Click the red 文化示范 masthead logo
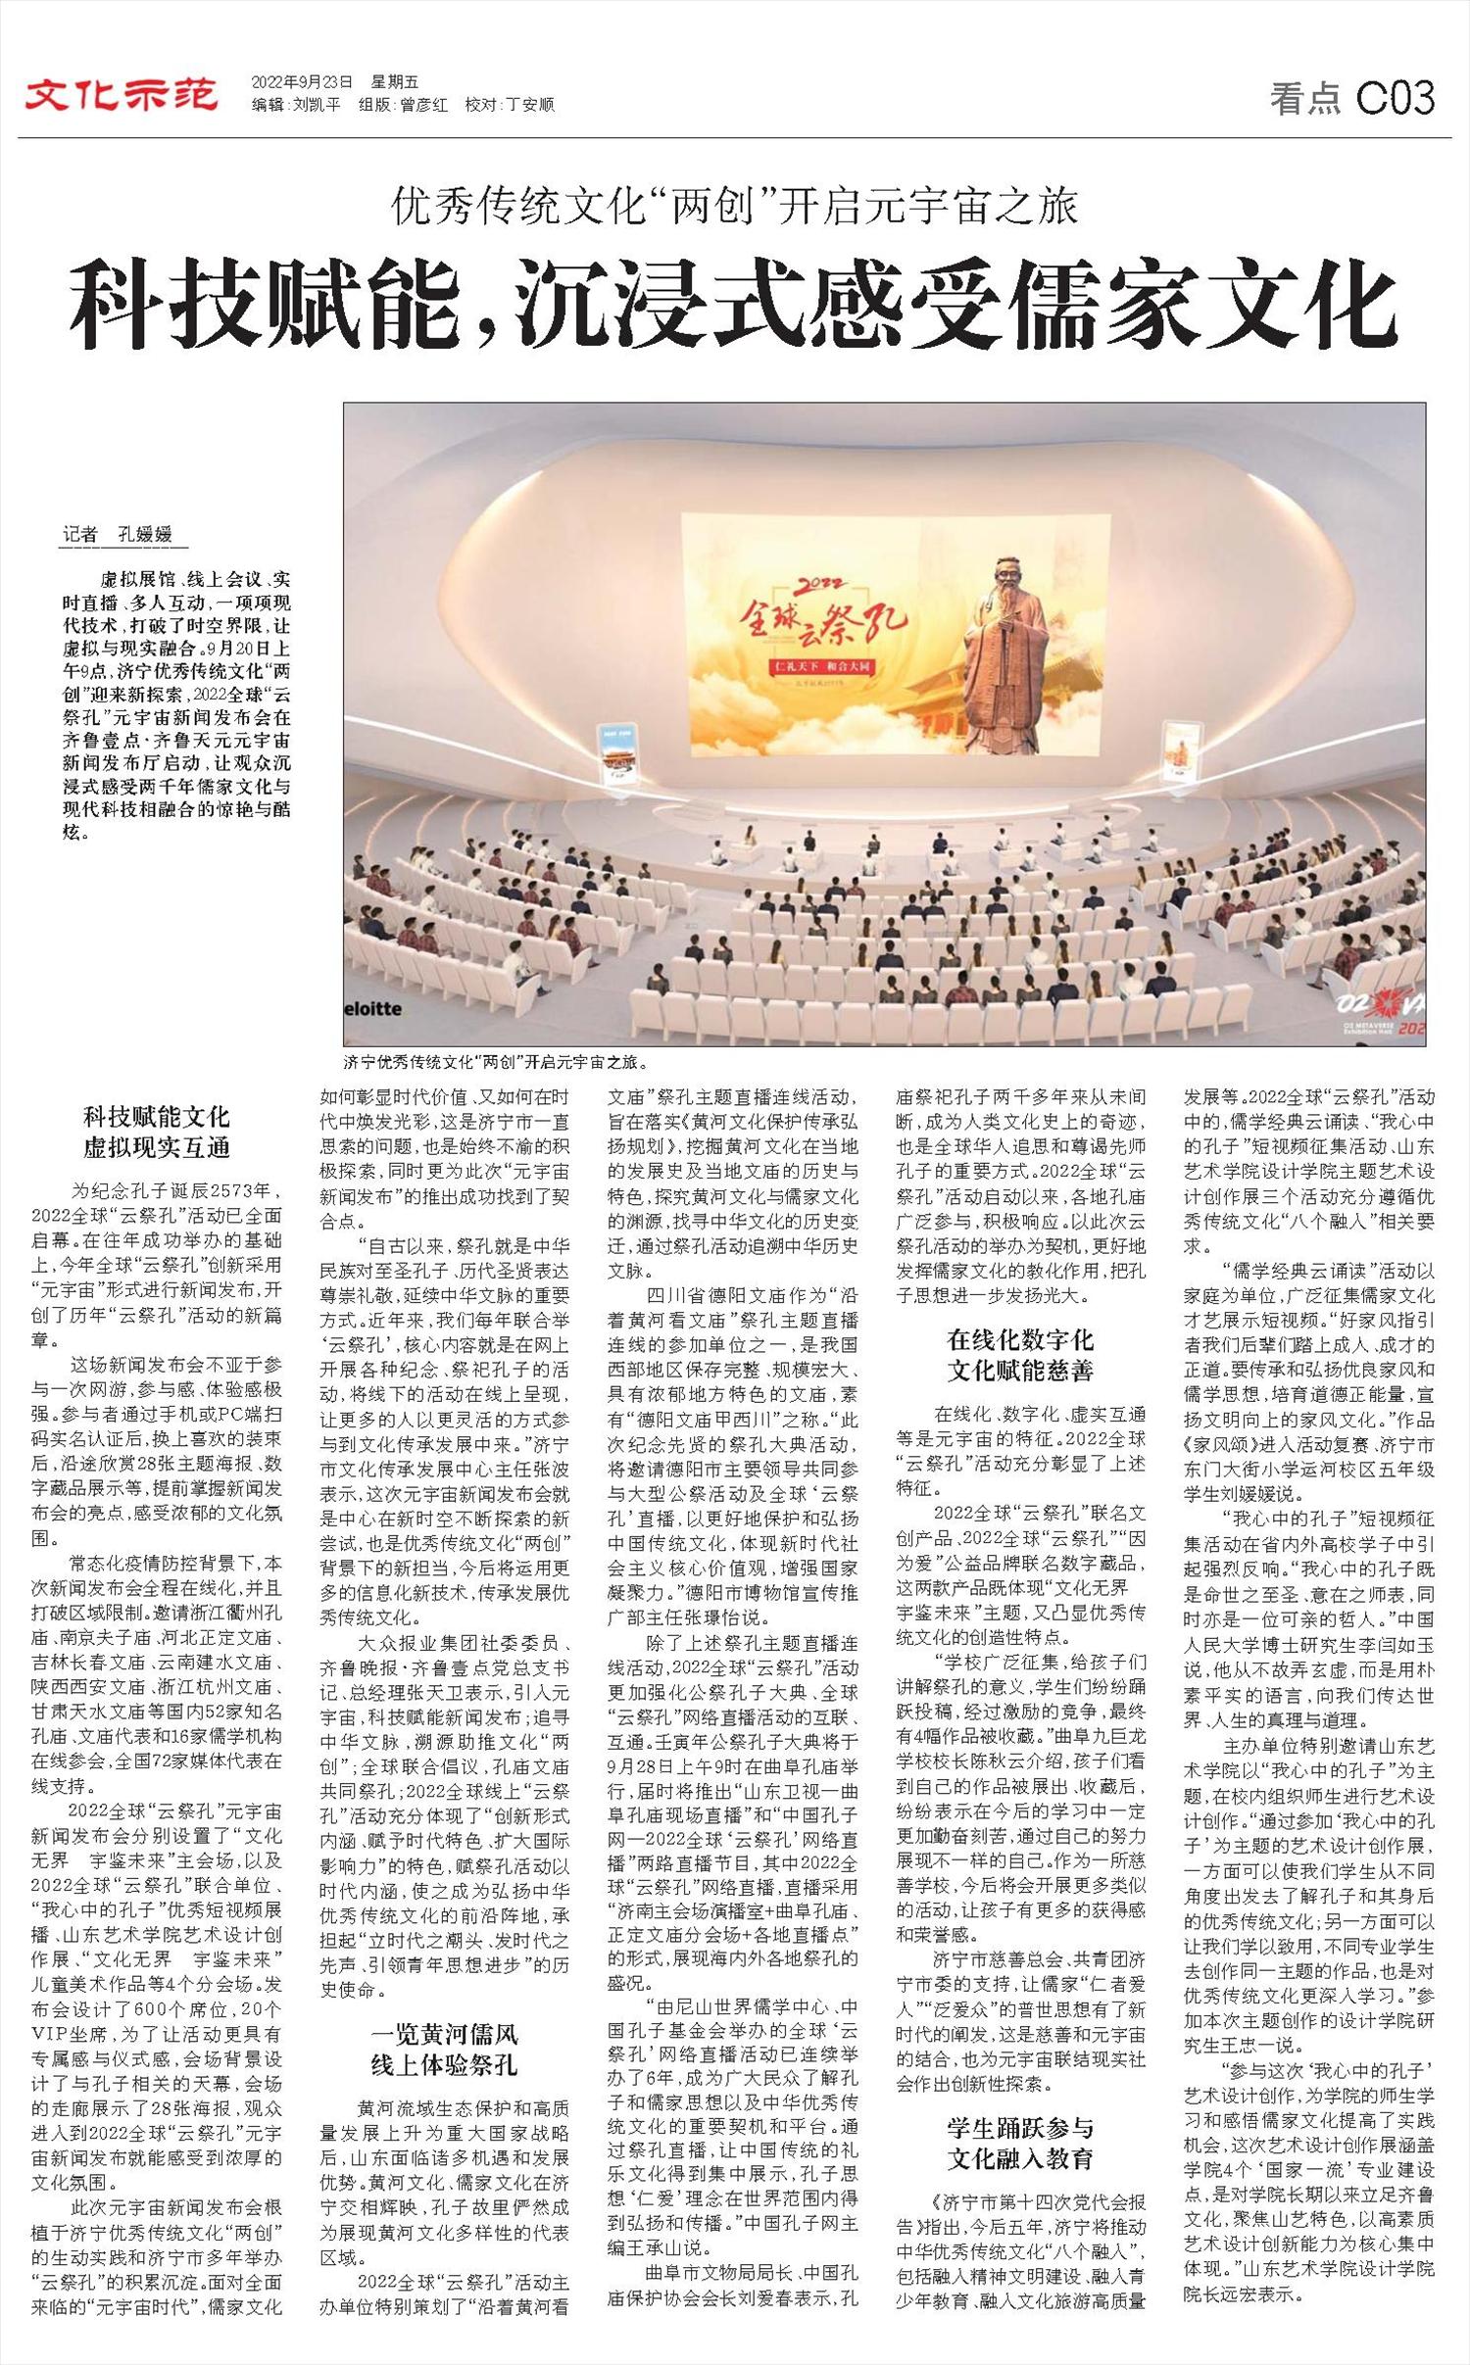click(x=122, y=94)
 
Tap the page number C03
click(x=1396, y=98)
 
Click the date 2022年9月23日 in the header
click(x=302, y=82)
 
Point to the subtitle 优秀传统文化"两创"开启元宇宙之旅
click(x=734, y=207)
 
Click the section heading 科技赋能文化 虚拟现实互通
click(x=156, y=1133)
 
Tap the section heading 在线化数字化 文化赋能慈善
click(x=1020, y=1355)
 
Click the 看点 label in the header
click(x=1304, y=99)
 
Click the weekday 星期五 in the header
click(x=394, y=82)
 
